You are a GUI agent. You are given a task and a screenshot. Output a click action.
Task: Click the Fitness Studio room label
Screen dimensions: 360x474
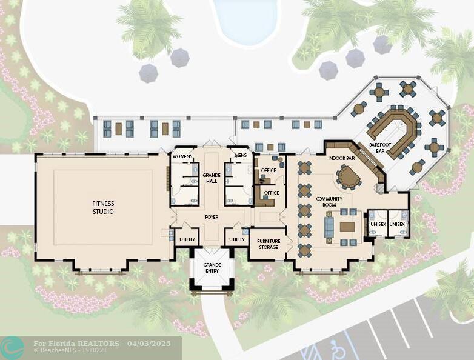(x=103, y=207)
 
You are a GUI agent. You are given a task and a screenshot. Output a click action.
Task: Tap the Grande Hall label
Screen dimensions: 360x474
(x=210, y=178)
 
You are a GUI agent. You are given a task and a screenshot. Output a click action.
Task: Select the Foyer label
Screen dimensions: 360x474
(x=211, y=216)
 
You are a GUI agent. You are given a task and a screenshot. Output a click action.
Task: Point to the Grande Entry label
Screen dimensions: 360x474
(x=212, y=268)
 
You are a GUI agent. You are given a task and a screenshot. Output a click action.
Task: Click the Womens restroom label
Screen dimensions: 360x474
(x=182, y=156)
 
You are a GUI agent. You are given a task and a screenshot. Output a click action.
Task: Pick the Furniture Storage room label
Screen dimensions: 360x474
(x=269, y=244)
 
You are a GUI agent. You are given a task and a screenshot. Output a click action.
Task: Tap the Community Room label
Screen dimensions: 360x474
(x=329, y=202)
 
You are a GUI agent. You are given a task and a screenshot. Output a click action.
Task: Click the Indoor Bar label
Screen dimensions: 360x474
(x=341, y=158)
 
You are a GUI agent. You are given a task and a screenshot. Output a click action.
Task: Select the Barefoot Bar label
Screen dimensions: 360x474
(x=380, y=148)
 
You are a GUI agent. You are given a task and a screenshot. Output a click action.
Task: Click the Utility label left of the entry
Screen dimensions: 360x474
(x=187, y=239)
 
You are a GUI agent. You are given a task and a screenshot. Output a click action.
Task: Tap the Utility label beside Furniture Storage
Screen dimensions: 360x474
(x=237, y=239)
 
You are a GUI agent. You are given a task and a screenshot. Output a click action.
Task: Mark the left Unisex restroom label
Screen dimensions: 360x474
(x=377, y=224)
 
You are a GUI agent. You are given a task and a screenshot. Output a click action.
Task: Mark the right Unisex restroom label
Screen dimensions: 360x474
(x=397, y=224)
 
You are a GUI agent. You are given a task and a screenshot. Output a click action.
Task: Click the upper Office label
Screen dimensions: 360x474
(x=268, y=170)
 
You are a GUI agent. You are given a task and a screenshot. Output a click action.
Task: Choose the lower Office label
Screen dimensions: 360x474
(x=272, y=193)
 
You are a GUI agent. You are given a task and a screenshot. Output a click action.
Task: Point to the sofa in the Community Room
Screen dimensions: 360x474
(x=329, y=227)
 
